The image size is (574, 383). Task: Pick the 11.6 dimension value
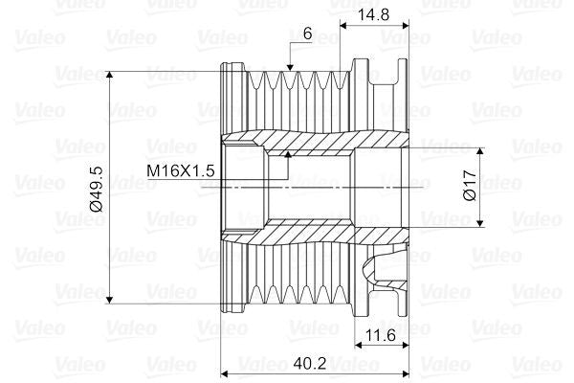(381, 335)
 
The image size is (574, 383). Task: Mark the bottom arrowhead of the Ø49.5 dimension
(113, 299)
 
